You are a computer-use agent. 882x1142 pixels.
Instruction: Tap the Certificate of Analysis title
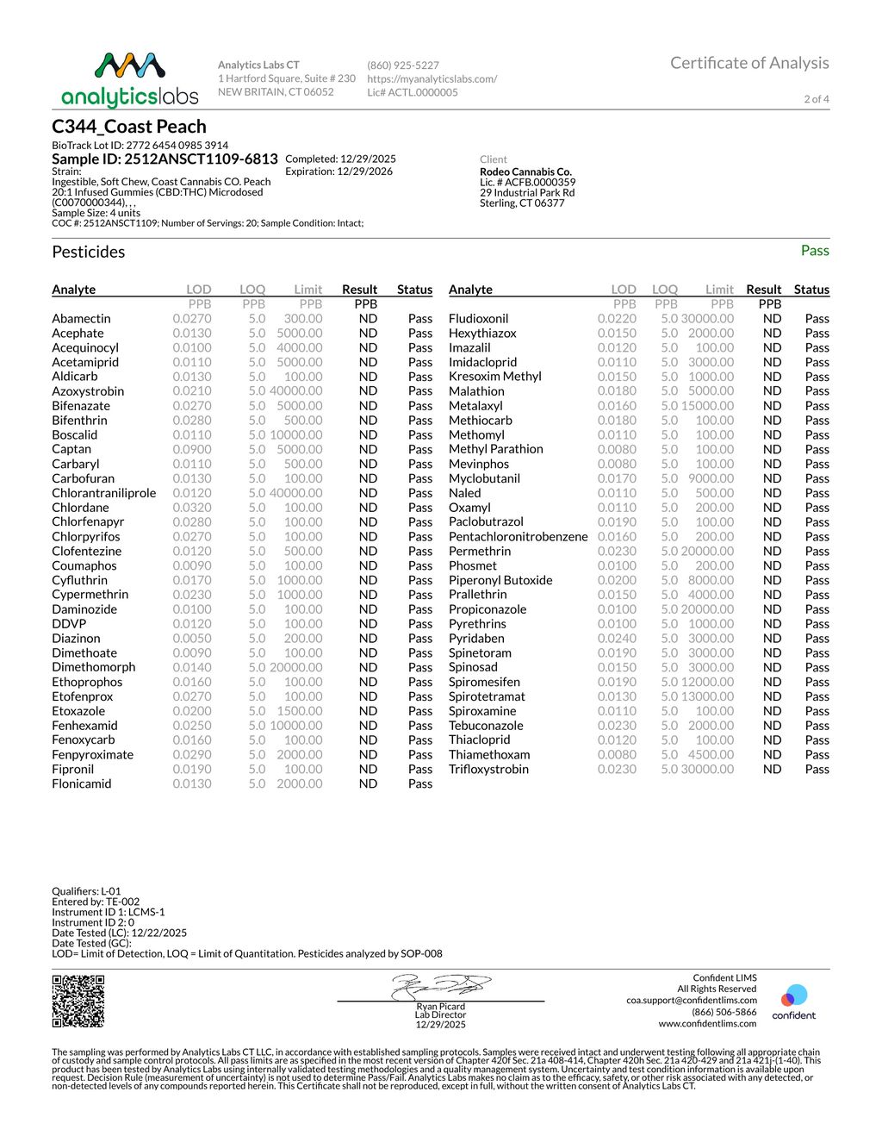[x=749, y=63]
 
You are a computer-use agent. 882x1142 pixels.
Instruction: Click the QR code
[x=78, y=1001]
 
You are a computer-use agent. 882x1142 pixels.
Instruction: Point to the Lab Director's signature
[x=441, y=986]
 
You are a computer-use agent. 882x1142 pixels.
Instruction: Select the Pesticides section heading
[x=89, y=252]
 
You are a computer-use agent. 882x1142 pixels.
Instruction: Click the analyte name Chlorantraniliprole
[x=104, y=493]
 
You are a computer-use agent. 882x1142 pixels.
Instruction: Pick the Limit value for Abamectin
[x=303, y=319]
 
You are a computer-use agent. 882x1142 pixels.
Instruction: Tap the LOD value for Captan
[x=191, y=449]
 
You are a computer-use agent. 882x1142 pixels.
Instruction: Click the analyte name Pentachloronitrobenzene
[x=519, y=536]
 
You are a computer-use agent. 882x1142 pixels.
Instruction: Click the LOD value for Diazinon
[x=191, y=639]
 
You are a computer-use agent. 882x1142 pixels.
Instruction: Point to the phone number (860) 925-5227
[x=403, y=66]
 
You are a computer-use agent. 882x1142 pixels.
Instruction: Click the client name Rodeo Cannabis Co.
[x=525, y=172]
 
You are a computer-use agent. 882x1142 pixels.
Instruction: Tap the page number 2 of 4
[x=817, y=99]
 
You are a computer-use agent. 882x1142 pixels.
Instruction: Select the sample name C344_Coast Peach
[x=129, y=127]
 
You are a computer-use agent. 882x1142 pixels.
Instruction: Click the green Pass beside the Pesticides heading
[x=815, y=251]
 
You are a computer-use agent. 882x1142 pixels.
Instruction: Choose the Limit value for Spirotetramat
[x=707, y=696]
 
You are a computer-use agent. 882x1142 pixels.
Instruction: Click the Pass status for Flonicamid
[x=420, y=783]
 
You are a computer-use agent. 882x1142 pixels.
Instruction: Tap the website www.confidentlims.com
[x=707, y=1023]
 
